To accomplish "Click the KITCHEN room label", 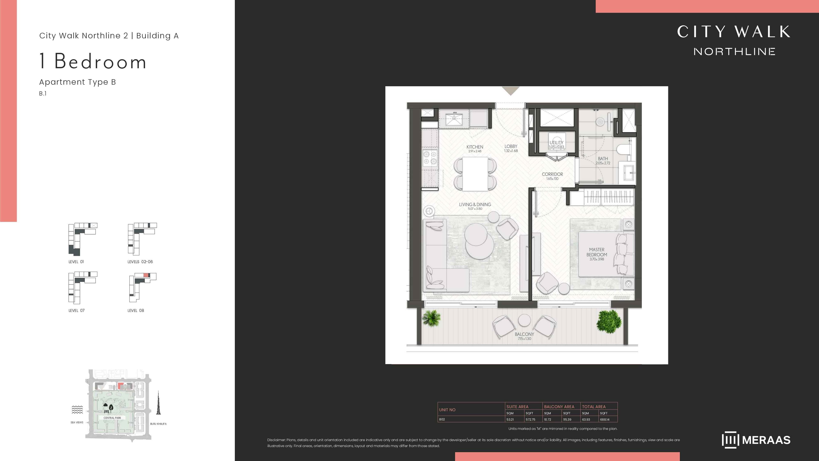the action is coord(475,147).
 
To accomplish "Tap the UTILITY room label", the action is coord(556,143).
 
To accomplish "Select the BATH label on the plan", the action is coord(603,158).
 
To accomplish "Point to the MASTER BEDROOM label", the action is coord(597,252).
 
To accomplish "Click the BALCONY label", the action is coord(524,334).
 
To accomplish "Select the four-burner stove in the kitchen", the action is coord(430,158).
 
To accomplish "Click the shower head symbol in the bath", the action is coord(600,121).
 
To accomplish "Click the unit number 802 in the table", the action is coord(442,419).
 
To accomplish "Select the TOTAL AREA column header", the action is coord(594,407).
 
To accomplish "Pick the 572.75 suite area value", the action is coord(530,419).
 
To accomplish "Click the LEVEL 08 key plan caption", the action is coord(136,311).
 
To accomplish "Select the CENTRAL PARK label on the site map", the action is coord(112,418).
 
